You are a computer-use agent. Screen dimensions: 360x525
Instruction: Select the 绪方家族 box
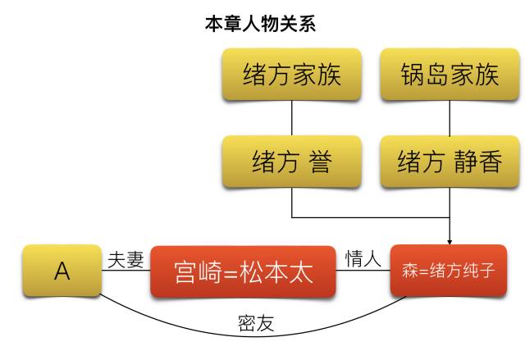[x=292, y=75]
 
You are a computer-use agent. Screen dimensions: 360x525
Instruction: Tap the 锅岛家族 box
[x=450, y=75]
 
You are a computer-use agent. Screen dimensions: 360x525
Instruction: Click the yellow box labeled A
[x=61, y=271]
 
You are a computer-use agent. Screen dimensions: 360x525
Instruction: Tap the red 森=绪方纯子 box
[x=448, y=270]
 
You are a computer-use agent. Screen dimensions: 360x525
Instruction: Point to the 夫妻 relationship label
[x=126, y=260]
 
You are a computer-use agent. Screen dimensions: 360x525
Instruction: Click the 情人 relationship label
[x=363, y=260]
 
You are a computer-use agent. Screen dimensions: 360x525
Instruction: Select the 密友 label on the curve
[x=255, y=324]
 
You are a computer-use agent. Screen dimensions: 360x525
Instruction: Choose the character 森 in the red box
[x=409, y=270]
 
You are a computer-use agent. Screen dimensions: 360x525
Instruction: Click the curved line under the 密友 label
[x=255, y=336]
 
